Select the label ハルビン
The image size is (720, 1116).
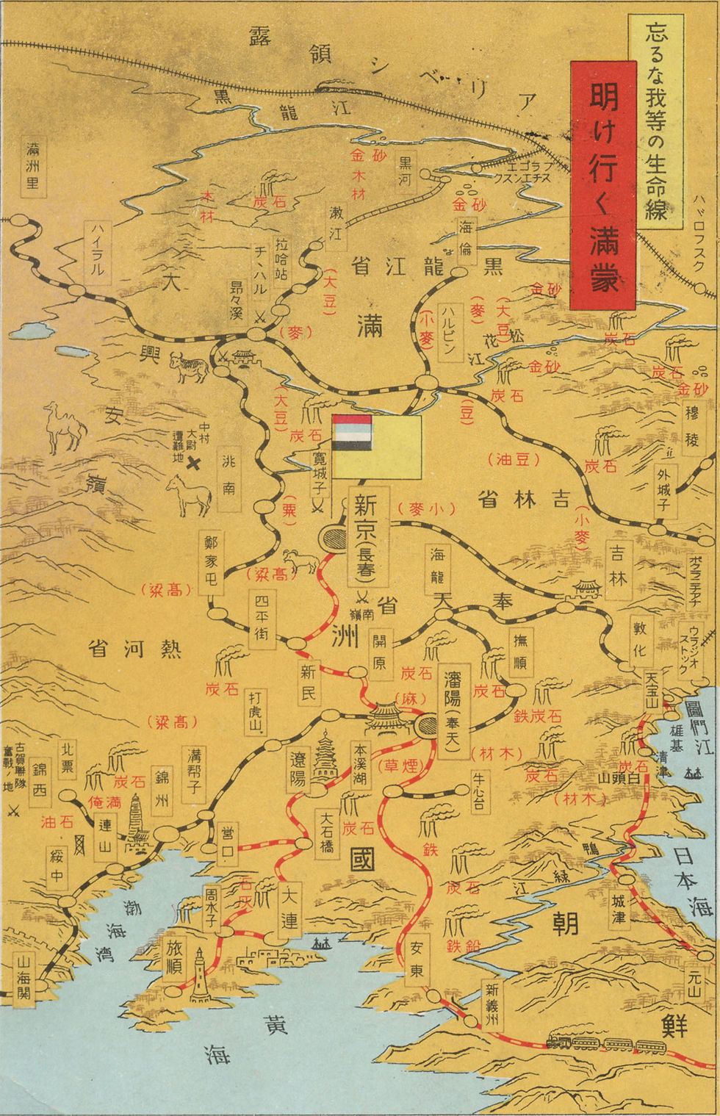(x=449, y=330)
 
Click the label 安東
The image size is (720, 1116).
(x=417, y=960)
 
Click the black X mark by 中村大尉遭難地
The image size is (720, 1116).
(x=193, y=463)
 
